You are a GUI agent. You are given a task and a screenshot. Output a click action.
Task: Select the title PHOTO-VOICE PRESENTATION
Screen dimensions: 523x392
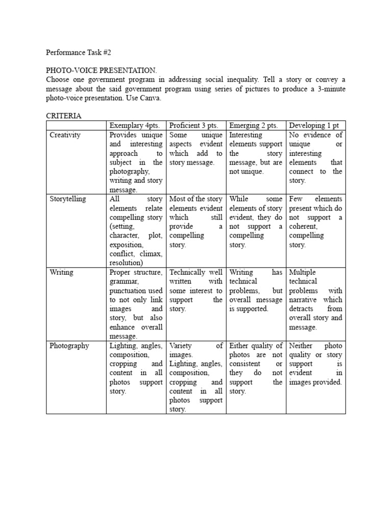pyautogui.click(x=102, y=70)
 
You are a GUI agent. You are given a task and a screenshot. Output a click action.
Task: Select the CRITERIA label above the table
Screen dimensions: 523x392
pyautogui.click(x=63, y=116)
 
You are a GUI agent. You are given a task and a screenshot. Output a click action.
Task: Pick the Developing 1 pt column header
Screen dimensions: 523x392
pyautogui.click(x=314, y=126)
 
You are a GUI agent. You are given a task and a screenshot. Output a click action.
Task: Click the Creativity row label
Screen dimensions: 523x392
pyautogui.click(x=65, y=135)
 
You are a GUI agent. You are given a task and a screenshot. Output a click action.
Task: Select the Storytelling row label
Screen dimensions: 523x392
pyautogui.click(x=68, y=199)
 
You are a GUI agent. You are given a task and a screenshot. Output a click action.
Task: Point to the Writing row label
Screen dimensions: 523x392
pyautogui.click(x=61, y=273)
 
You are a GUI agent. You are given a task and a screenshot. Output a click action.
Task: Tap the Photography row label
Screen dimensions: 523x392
pyautogui.click(x=69, y=346)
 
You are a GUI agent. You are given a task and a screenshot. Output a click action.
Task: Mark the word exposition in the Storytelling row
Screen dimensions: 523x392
pyautogui.click(x=127, y=245)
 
